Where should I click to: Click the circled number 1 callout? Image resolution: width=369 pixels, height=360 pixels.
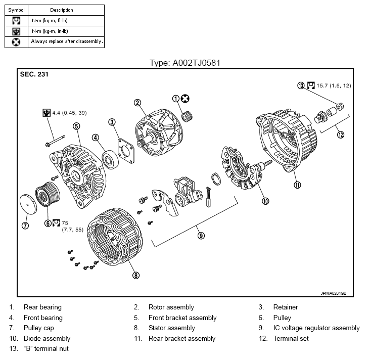[x=176, y=99]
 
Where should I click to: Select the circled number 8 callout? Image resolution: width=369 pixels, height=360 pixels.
[x=135, y=276]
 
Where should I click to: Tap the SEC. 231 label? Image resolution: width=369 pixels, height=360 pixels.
[x=34, y=74]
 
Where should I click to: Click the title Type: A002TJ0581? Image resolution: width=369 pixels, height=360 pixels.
[x=184, y=63]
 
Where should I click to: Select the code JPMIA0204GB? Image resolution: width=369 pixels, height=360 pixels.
[x=334, y=293]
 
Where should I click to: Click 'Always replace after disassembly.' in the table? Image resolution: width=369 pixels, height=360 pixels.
[x=67, y=41]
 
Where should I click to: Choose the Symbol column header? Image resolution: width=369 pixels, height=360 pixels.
[x=16, y=10]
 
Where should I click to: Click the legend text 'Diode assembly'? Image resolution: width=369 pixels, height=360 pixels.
[x=47, y=338]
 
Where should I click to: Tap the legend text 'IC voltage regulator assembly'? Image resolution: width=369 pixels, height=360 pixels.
[x=316, y=328]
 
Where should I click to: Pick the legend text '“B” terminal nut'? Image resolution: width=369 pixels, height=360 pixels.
[x=46, y=349]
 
